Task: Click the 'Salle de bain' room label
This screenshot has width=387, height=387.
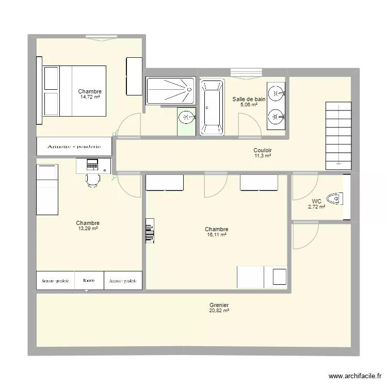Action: coord(249,99)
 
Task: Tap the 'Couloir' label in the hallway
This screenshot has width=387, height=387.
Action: coord(262,150)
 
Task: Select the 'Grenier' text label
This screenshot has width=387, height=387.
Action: coord(219,305)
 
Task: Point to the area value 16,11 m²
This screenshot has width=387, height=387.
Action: coord(216,235)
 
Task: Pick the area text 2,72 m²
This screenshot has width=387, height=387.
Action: coord(316,207)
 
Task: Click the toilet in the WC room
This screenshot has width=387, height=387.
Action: coord(336,198)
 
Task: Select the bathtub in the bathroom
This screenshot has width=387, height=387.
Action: coord(212,107)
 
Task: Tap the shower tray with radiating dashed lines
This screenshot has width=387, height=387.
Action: coord(170,91)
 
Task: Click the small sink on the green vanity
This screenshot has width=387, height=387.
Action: coord(186,117)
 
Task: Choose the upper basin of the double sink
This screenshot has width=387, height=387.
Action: coord(277,93)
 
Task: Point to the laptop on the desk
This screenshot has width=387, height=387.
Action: coord(92,165)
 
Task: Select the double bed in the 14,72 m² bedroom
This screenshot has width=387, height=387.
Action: coord(74,91)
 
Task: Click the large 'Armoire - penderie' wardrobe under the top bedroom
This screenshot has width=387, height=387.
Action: coord(74,147)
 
